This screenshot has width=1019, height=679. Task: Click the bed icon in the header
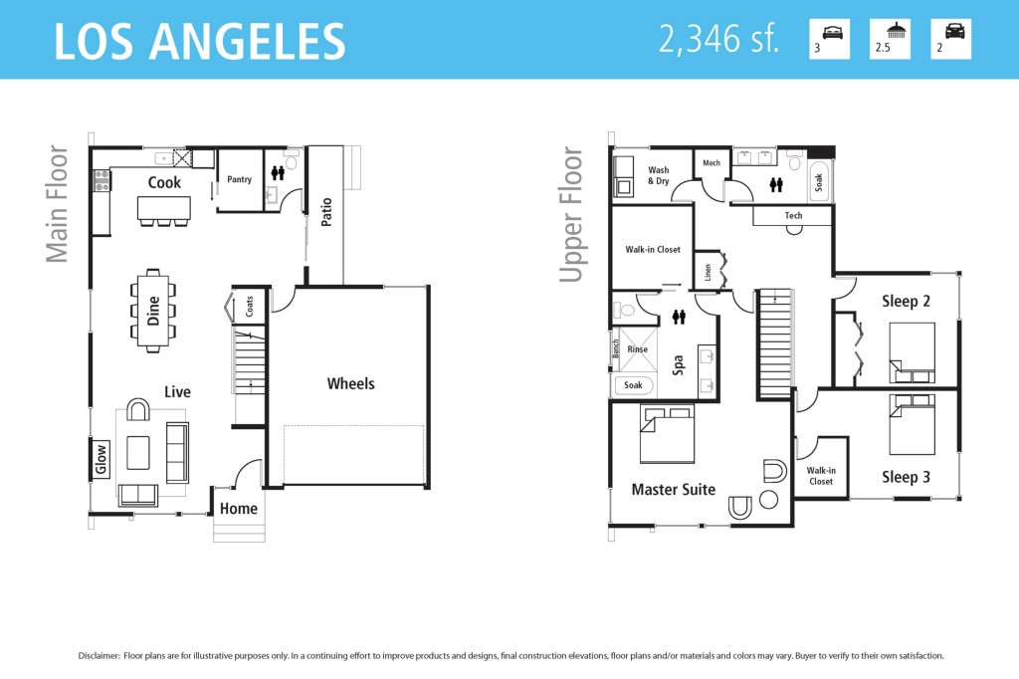pos(832,32)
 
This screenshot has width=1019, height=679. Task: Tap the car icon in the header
pos(954,31)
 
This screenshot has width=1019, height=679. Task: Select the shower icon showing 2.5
pos(896,30)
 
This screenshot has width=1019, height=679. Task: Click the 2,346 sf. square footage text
pos(718,39)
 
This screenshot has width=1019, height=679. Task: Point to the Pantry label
pos(239,179)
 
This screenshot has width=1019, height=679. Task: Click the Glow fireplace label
pos(101,459)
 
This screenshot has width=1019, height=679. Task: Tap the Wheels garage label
pos(351,383)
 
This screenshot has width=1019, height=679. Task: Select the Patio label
pos(326,212)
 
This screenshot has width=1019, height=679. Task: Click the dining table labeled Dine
pos(152,311)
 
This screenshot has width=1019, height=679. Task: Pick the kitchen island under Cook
pos(164,209)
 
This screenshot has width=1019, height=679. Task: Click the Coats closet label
pos(250,307)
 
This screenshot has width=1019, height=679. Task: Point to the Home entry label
pos(239,509)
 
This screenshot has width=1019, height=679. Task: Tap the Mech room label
pos(712,163)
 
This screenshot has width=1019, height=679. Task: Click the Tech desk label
pos(793,215)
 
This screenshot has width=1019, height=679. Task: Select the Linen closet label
pos(708,272)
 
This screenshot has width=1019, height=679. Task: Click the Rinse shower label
pos(638,349)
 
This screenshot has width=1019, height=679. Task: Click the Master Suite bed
pos(668,433)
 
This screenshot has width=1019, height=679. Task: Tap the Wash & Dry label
pos(659,175)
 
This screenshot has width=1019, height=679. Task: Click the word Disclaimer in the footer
pos(100,655)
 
